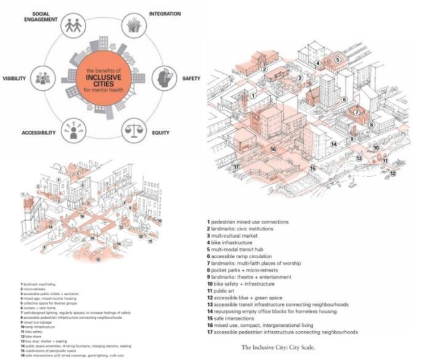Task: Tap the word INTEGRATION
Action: tap(164, 13)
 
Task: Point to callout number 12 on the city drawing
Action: tap(393, 173)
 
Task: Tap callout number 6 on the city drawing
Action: tap(345, 100)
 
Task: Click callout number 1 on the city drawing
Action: tap(252, 96)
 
